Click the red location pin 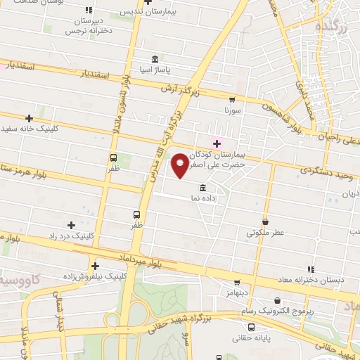(x=180, y=165)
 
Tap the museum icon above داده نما (x=202, y=188)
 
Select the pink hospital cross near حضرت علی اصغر (x=217, y=143)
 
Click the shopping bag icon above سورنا (x=233, y=100)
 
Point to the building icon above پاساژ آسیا (x=155, y=58)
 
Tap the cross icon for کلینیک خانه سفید (x=29, y=118)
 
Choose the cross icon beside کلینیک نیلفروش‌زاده (x=95, y=265)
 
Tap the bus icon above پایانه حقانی (x=251, y=327)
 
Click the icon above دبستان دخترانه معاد (x=310, y=269)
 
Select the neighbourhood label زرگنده (x=331, y=27)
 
